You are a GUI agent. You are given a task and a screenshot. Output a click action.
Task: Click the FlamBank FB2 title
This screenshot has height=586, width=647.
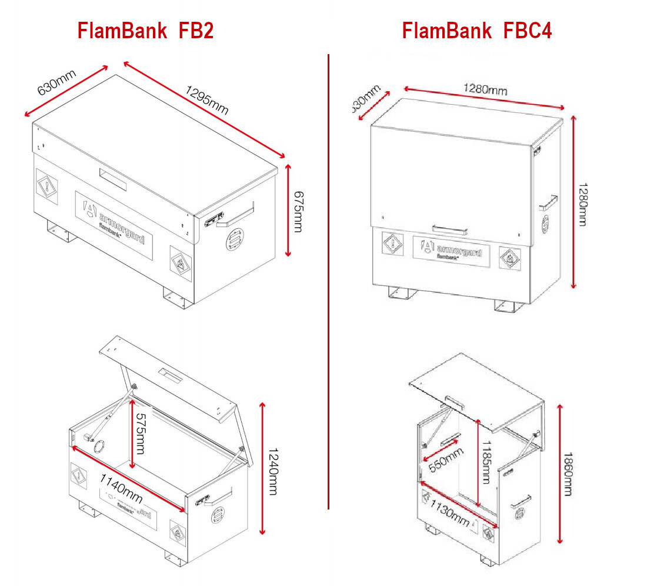pyautogui.click(x=145, y=31)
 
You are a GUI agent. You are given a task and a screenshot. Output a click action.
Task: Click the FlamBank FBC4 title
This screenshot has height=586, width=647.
pyautogui.click(x=476, y=31)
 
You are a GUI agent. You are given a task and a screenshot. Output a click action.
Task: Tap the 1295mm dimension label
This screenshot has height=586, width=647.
pyautogui.click(x=206, y=101)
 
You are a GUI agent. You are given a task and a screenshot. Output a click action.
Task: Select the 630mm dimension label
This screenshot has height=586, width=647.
pyautogui.click(x=56, y=82)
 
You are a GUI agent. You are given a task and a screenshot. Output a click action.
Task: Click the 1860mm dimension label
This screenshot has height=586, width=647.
pyautogui.click(x=568, y=474)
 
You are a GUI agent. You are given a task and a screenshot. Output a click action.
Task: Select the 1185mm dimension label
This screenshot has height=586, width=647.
pyautogui.click(x=486, y=463)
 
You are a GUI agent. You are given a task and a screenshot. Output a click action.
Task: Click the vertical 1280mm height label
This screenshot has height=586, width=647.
pyautogui.click(x=582, y=204)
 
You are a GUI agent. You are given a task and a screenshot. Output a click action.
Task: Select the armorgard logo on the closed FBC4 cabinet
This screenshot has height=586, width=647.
pyautogui.click(x=451, y=251)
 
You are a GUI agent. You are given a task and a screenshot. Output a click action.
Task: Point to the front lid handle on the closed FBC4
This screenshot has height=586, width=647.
pyautogui.click(x=451, y=228)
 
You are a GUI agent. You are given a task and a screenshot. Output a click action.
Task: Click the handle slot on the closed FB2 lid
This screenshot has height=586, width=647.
pyautogui.click(x=113, y=178)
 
